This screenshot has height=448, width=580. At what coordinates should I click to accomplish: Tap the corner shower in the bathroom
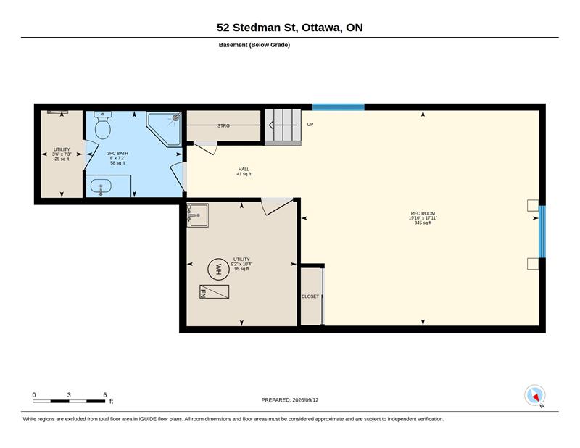(165, 129)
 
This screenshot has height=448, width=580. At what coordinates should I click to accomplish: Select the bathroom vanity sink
(100, 186)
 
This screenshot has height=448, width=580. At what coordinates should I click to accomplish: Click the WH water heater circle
(218, 269)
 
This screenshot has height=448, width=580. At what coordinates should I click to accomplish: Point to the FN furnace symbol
(214, 291)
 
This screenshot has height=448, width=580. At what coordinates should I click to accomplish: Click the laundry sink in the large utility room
(197, 215)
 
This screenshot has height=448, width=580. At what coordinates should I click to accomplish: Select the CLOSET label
(310, 296)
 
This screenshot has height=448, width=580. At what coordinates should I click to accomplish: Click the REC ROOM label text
(423, 213)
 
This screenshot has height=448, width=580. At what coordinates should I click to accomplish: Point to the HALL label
(244, 169)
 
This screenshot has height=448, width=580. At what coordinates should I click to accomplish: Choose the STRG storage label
(223, 126)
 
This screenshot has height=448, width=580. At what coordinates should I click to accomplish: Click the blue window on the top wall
(339, 107)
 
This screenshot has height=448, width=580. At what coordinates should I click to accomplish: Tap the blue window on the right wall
(542, 231)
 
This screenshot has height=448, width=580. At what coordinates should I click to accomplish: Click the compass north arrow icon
(535, 396)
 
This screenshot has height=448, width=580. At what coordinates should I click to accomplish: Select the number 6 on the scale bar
(105, 395)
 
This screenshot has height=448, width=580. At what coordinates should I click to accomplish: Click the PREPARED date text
(289, 400)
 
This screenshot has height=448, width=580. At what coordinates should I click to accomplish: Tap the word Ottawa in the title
(321, 28)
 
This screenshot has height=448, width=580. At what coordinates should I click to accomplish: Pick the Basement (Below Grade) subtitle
(254, 45)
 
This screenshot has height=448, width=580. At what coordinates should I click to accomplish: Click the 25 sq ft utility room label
(62, 159)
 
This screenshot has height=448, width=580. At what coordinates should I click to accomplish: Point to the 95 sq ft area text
(242, 269)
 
